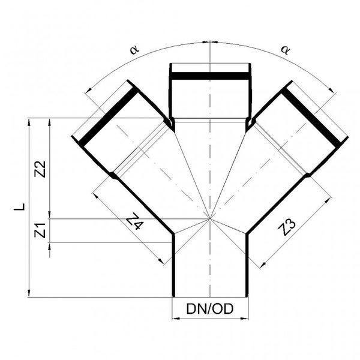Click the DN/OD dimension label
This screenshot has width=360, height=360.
pos(210,309)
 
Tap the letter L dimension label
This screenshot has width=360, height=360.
pos(20,206)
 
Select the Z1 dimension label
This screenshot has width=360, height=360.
pos(40,230)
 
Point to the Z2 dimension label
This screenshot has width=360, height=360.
pos(40,169)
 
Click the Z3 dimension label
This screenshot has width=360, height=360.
pos(286,227)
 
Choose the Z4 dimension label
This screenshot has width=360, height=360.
pos(135,221)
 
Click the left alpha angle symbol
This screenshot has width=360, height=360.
pos(134,49)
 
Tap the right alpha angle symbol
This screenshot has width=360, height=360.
pos(286,50)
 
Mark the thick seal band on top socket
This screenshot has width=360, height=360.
pos(210,76)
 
